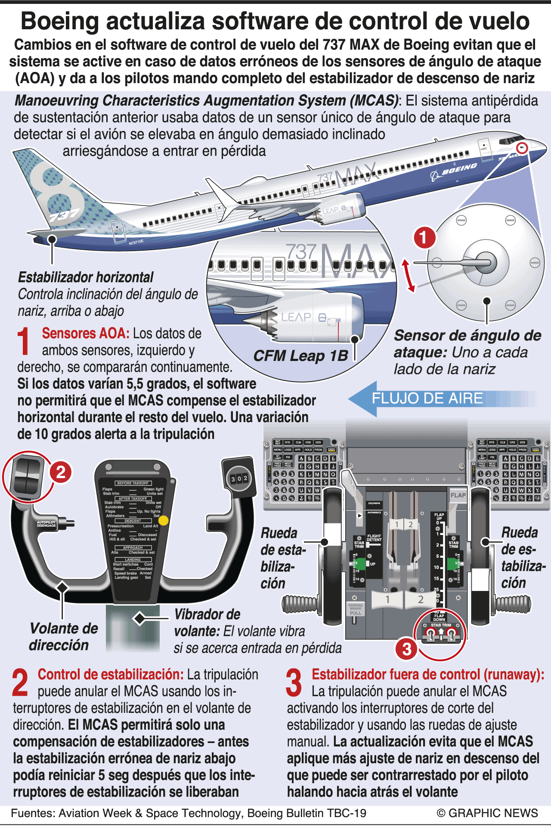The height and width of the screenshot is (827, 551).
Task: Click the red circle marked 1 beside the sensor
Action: tap(424, 237)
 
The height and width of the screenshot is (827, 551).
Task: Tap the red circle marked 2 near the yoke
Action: tap(61, 473)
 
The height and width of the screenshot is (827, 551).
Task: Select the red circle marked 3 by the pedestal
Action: tap(407, 649)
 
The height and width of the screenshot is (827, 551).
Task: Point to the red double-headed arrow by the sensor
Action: tap(408, 276)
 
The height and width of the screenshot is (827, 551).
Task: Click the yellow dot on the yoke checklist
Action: tap(164, 520)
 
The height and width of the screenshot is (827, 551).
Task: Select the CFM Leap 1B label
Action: tap(300, 356)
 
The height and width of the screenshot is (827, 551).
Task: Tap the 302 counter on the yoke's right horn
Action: tap(239, 479)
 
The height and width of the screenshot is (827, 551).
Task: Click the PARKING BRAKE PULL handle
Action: tap(355, 610)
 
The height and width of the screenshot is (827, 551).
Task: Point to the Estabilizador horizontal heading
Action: tap(86, 277)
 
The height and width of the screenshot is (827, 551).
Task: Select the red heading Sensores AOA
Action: tap(85, 333)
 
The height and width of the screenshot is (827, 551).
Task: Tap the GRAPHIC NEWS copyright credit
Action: tap(487, 813)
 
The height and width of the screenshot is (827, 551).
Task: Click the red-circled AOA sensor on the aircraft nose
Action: tap(522, 148)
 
